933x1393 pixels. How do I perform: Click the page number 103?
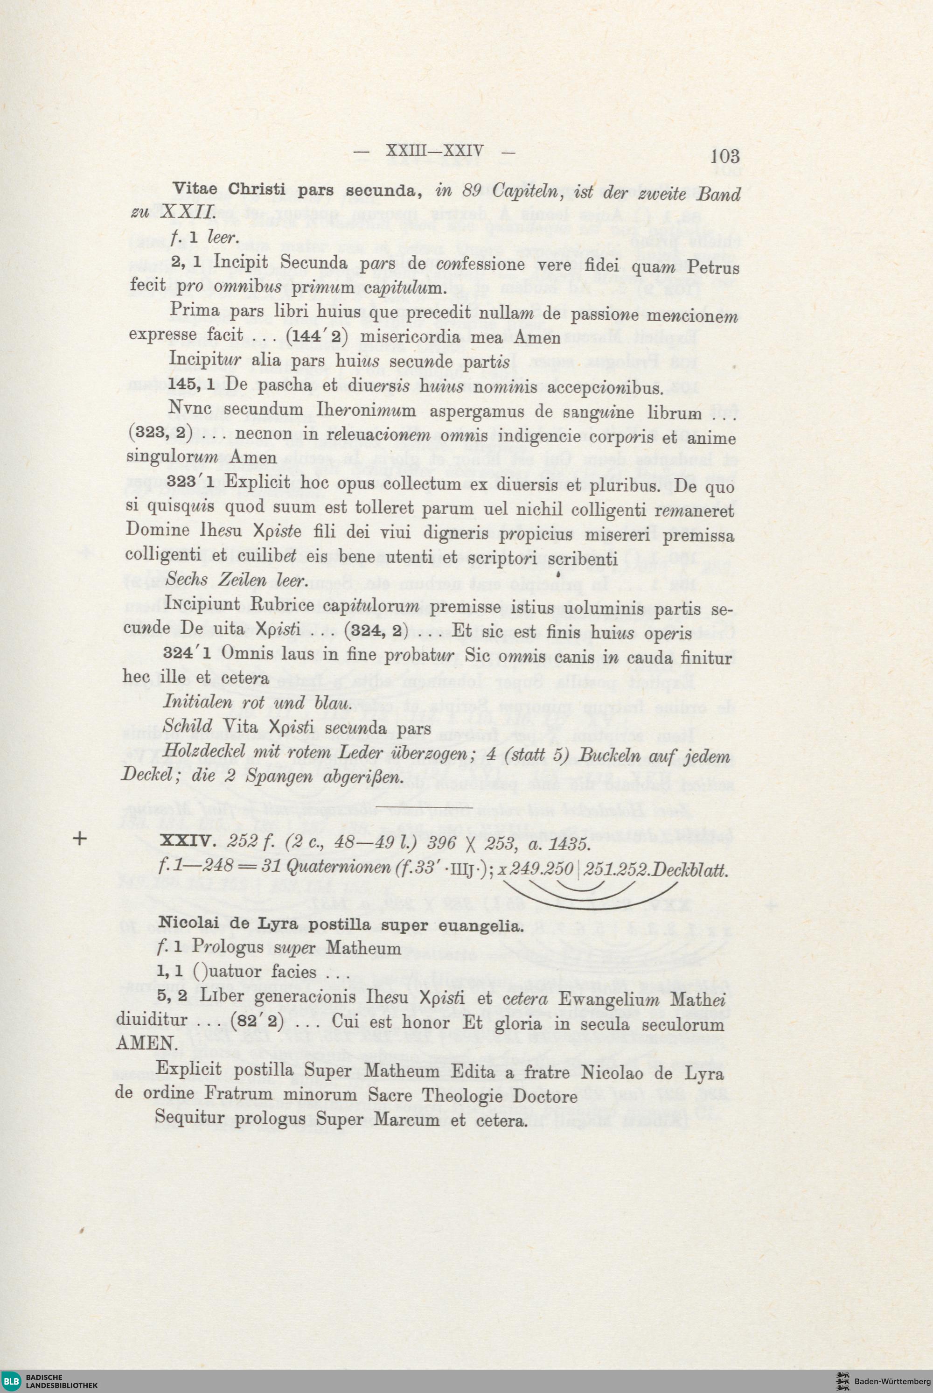[x=725, y=156]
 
